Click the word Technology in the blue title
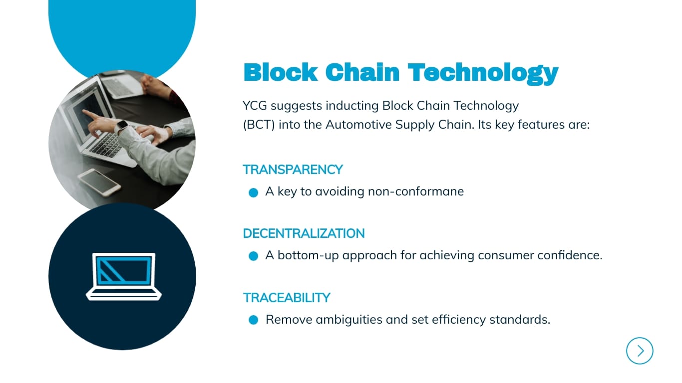(x=483, y=73)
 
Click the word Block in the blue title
(x=280, y=72)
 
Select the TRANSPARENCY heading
(x=293, y=170)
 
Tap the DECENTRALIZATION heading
(x=304, y=233)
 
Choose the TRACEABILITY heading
(x=287, y=298)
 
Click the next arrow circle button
(x=640, y=351)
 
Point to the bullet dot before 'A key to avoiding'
(x=253, y=192)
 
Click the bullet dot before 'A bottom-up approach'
(x=253, y=256)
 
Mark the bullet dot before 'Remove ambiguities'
(x=253, y=320)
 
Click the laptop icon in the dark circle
(x=124, y=276)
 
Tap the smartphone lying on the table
(x=99, y=182)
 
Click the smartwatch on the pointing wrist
(x=122, y=127)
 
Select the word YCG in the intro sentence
(x=255, y=106)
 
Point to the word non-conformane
(x=416, y=191)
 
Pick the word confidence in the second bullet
(x=570, y=255)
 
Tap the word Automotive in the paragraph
(x=358, y=125)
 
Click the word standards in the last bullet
(x=520, y=320)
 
